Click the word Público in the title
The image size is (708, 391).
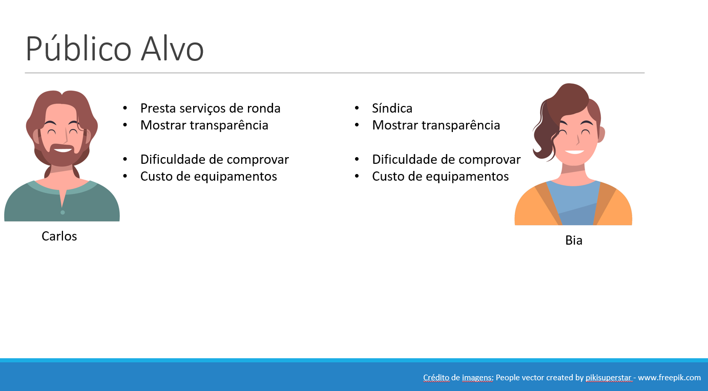pyautogui.click(x=78, y=49)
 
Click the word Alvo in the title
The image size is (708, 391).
pyautogui.click(x=172, y=49)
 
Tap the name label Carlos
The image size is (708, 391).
pyautogui.click(x=59, y=236)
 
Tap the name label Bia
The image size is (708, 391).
pyautogui.click(x=574, y=241)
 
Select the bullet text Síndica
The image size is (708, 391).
pyautogui.click(x=392, y=108)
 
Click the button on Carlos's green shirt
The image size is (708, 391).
pyautogui.click(x=63, y=212)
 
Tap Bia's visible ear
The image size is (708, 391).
pyautogui.click(x=601, y=134)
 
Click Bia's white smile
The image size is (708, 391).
pyautogui.click(x=574, y=152)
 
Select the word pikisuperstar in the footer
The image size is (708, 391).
pyautogui.click(x=608, y=377)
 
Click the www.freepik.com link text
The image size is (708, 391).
pyautogui.click(x=669, y=377)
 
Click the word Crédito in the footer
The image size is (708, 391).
pyautogui.click(x=436, y=377)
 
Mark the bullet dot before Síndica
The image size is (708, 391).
pyautogui.click(x=357, y=108)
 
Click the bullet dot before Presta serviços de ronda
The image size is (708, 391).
pyautogui.click(x=125, y=108)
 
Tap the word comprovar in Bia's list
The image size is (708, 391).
pyautogui.click(x=489, y=160)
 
